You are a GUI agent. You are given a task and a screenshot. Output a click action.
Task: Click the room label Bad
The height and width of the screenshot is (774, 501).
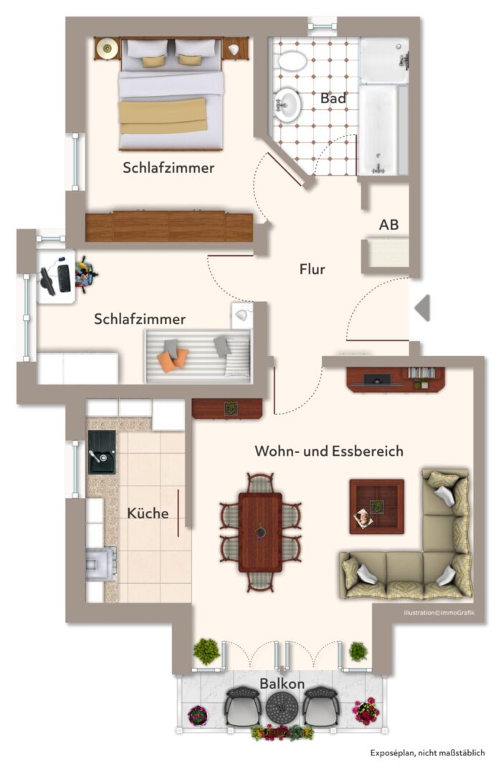[x=333, y=98]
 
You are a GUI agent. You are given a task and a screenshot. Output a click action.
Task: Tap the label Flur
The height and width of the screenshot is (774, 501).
[x=312, y=269]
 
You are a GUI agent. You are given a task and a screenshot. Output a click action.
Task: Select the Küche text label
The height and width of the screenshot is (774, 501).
[x=148, y=513]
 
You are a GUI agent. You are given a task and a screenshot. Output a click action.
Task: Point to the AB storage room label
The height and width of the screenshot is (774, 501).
[x=389, y=225]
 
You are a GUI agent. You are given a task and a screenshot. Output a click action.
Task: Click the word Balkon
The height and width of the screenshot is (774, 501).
[x=282, y=684]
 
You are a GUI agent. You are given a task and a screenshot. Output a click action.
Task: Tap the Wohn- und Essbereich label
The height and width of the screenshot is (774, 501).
[x=329, y=451]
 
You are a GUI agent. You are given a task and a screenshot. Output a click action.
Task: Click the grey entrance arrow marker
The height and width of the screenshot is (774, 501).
[x=423, y=307]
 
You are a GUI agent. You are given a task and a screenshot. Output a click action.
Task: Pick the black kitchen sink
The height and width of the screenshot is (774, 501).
[x=101, y=452]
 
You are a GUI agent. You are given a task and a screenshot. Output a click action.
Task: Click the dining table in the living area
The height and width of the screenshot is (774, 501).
[x=260, y=531]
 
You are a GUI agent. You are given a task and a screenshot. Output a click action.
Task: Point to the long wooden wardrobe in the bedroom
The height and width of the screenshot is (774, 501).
[x=168, y=226]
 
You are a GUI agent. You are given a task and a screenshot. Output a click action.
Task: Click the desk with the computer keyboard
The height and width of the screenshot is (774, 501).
[x=57, y=277]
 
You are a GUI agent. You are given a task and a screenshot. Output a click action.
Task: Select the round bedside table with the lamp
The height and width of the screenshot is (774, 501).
[x=108, y=49]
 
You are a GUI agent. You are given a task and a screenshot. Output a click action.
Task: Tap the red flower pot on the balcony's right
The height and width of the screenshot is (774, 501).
[x=366, y=710]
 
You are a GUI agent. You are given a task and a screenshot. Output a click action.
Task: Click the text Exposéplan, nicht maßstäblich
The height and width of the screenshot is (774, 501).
[x=427, y=753]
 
